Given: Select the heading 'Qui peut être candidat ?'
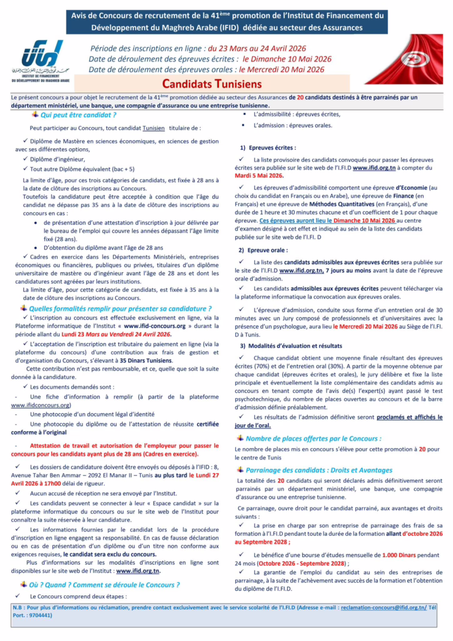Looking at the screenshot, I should pyautogui.click(x=78, y=116).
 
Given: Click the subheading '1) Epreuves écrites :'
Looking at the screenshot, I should pyautogui.click(x=268, y=148).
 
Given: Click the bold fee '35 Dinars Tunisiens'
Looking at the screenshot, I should pyautogui.click(x=146, y=361).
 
